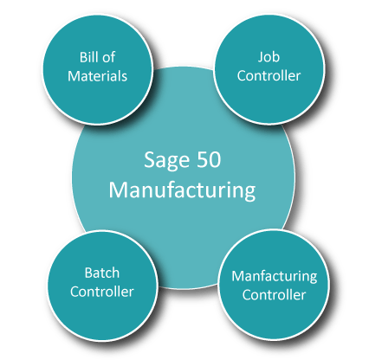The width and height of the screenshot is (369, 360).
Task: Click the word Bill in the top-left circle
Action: [x=88, y=57]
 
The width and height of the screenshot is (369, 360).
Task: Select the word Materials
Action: [x=97, y=76]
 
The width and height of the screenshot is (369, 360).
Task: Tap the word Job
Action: [x=269, y=57]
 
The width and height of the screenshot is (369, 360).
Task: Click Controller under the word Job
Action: [x=269, y=75]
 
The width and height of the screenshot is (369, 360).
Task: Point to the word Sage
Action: [x=167, y=161]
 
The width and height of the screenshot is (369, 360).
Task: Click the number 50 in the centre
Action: [x=209, y=159]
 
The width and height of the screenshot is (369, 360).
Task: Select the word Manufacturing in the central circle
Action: [x=182, y=190]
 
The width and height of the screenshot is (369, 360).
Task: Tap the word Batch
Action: [x=102, y=273]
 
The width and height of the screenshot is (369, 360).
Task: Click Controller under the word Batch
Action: [x=102, y=292]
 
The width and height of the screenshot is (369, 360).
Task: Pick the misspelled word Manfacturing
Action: [x=275, y=277]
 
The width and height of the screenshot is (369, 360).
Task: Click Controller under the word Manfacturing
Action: [x=274, y=295]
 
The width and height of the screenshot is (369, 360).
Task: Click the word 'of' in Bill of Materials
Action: [x=109, y=57]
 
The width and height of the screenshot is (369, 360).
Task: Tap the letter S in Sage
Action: [x=150, y=159]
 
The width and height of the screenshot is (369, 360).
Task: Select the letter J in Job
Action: [x=261, y=58]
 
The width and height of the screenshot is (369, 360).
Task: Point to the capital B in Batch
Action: [x=88, y=273]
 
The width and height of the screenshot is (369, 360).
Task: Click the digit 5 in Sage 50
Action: [x=203, y=160]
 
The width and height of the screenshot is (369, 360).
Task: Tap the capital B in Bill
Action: [x=83, y=57]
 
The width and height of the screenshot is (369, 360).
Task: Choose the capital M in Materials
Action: [x=74, y=76]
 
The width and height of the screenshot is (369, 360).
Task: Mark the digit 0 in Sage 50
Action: [x=216, y=160]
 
